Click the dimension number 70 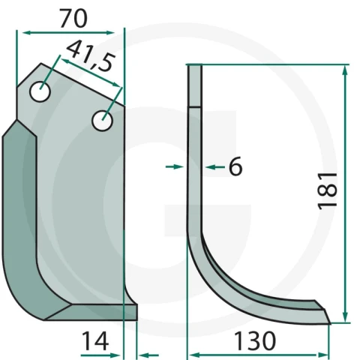[x=73, y=18]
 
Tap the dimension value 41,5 [x=91, y=55]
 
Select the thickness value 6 [x=235, y=166]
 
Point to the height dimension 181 [x=328, y=190]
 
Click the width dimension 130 [x=255, y=340]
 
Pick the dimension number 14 [x=95, y=340]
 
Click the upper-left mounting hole [x=40, y=91]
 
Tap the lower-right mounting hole [x=103, y=121]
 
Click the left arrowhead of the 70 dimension [x=26, y=33]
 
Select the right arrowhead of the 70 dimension [x=110, y=33]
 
